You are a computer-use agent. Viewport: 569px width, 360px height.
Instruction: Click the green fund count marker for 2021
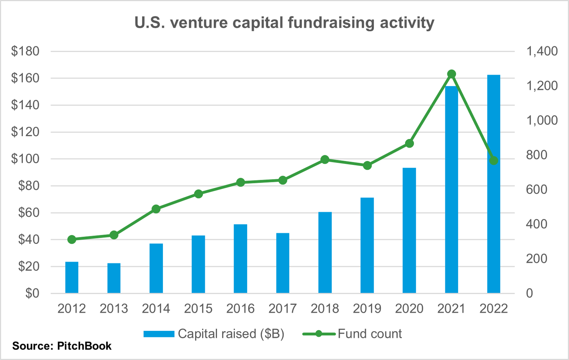point(452,74)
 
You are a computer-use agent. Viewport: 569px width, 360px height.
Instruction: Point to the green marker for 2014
point(156,209)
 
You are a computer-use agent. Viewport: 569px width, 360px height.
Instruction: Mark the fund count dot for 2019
point(367,166)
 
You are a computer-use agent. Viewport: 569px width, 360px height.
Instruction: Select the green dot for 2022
point(494,161)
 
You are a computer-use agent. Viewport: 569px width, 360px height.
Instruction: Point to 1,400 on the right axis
point(542,51)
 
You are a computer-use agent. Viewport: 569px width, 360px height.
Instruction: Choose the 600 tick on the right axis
point(537,189)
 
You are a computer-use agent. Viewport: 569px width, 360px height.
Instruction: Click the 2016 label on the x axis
point(240,308)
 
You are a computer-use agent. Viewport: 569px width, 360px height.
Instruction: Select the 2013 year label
point(114,308)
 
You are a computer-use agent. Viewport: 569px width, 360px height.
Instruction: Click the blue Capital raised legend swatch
point(159,334)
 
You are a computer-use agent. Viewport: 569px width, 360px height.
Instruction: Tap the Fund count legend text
point(370,334)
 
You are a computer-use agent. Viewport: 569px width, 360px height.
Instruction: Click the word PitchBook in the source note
point(84,346)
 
